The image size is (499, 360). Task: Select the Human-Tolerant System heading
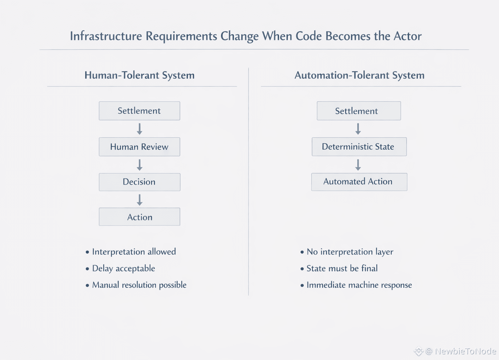pos(139,75)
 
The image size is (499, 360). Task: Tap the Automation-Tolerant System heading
pos(359,75)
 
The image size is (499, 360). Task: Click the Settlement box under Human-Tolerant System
pos(139,111)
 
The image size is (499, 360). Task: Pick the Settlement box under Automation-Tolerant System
pos(359,111)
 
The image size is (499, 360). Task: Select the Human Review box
pos(139,147)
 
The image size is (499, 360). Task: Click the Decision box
pos(139,182)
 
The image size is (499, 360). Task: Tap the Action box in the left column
pos(139,217)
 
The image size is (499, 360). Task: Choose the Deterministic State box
pos(359,147)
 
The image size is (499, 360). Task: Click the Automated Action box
pos(359,182)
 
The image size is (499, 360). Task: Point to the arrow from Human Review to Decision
pos(140,165)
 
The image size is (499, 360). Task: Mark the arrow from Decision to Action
pos(140,200)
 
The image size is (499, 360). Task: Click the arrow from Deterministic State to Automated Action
pos(358,165)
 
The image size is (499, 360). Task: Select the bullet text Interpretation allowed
pos(134,252)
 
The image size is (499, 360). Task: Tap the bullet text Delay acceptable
pos(123,268)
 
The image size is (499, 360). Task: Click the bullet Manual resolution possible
pos(139,285)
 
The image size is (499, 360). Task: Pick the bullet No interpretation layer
pos(350,252)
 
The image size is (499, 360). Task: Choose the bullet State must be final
pos(342,268)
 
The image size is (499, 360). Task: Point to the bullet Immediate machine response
pos(359,285)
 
